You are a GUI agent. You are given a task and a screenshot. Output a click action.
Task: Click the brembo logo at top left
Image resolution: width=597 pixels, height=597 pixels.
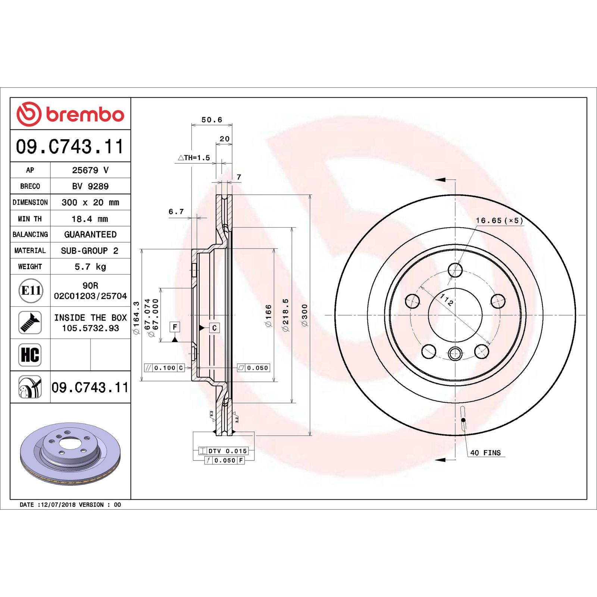[x=70, y=114]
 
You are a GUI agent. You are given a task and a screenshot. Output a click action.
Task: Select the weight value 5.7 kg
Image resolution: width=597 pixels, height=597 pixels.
[x=90, y=267]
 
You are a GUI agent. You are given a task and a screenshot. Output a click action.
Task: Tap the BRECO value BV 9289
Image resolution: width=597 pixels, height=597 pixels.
[x=90, y=186]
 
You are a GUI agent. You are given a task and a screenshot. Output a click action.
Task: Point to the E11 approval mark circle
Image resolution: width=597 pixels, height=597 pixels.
[x=31, y=290]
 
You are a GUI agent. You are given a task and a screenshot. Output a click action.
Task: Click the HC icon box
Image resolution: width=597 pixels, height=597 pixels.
[x=30, y=354]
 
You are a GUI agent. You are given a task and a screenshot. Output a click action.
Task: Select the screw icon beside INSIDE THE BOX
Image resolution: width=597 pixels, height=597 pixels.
[x=30, y=322]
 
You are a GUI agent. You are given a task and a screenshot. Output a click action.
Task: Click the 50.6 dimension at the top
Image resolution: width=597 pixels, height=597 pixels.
[x=212, y=120]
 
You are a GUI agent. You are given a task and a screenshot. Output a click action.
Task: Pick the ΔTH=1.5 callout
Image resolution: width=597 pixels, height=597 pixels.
[x=194, y=158]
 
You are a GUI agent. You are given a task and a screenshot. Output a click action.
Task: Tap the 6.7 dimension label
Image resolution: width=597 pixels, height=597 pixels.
[x=176, y=212]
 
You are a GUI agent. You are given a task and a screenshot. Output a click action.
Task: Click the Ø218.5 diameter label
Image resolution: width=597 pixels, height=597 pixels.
[x=286, y=315]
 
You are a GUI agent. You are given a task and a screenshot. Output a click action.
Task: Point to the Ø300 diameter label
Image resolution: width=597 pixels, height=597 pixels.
[x=305, y=315]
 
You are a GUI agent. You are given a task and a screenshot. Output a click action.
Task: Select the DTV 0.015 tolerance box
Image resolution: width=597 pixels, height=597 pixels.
[x=223, y=451]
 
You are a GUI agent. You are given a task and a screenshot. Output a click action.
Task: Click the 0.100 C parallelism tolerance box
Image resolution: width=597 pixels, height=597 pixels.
[x=165, y=368]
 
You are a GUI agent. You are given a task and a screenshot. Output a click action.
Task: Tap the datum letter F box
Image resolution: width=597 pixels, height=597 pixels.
[x=175, y=327]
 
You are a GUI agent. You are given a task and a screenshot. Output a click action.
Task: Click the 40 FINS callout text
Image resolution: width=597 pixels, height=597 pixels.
[x=485, y=453]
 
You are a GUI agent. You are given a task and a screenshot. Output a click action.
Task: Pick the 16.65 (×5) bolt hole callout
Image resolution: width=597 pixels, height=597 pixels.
[x=499, y=221]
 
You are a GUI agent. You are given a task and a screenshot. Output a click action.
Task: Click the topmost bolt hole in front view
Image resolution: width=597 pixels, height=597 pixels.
[x=455, y=270]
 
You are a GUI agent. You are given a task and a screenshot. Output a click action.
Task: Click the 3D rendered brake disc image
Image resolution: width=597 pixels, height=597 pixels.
[x=70, y=454]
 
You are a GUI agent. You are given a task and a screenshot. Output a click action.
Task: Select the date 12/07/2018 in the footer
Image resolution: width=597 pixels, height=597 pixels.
[x=58, y=504]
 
